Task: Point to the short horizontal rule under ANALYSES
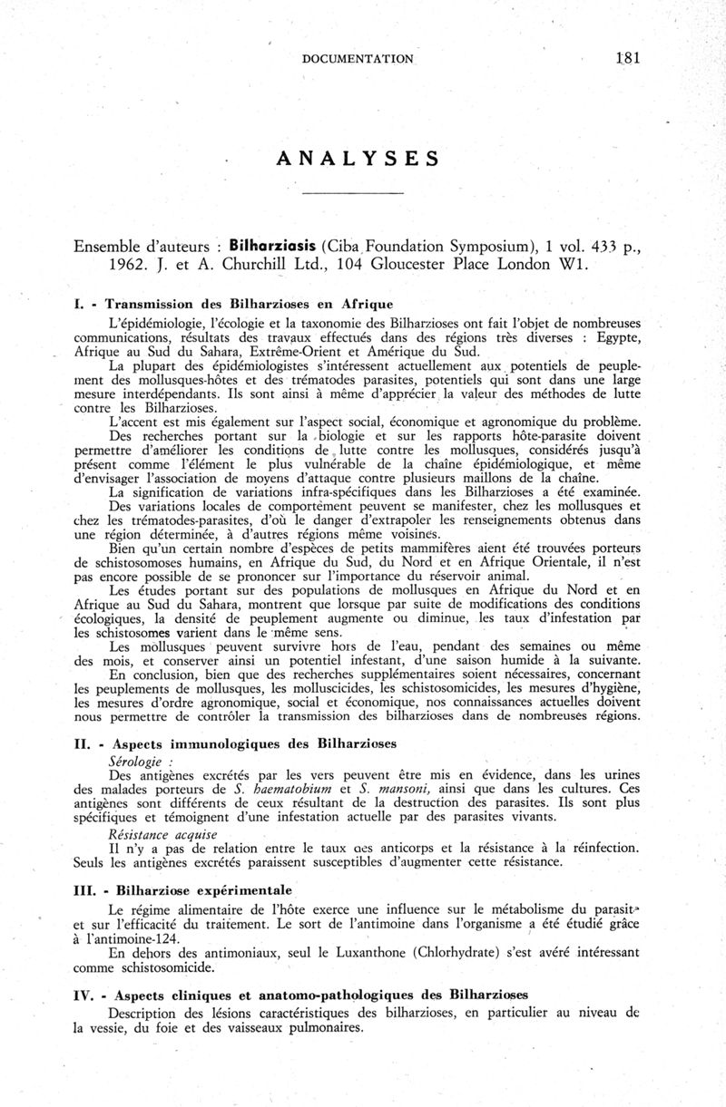tap(352, 194)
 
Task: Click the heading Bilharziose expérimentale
tap(201, 890)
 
